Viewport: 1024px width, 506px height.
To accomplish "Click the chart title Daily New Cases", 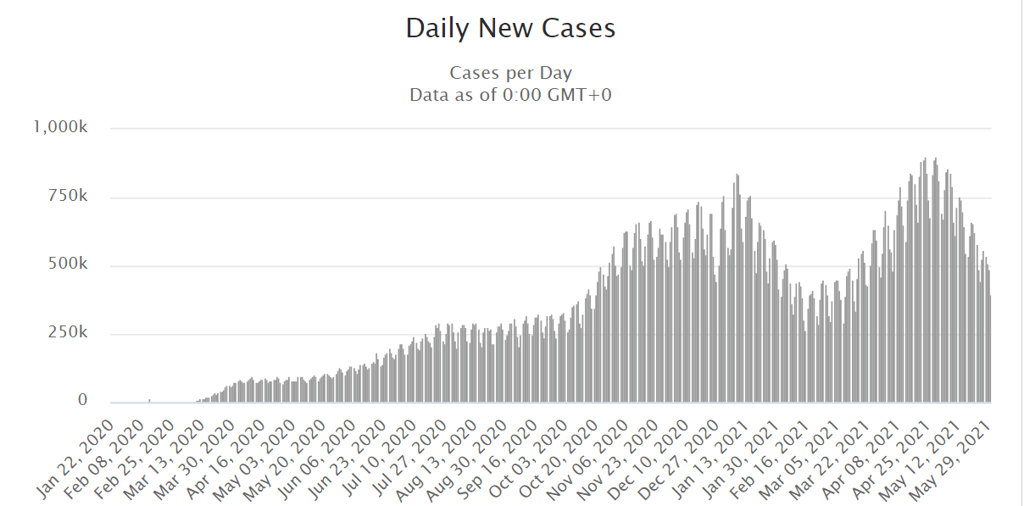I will click(510, 28).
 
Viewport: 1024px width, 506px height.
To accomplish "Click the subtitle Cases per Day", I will click(510, 73).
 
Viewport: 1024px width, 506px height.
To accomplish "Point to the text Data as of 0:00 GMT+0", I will click(510, 94).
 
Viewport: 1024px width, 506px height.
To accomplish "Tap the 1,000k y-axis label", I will click(60, 127).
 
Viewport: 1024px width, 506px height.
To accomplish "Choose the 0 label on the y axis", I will click(83, 401).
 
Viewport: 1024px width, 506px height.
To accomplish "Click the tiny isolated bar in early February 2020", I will click(149, 401).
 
